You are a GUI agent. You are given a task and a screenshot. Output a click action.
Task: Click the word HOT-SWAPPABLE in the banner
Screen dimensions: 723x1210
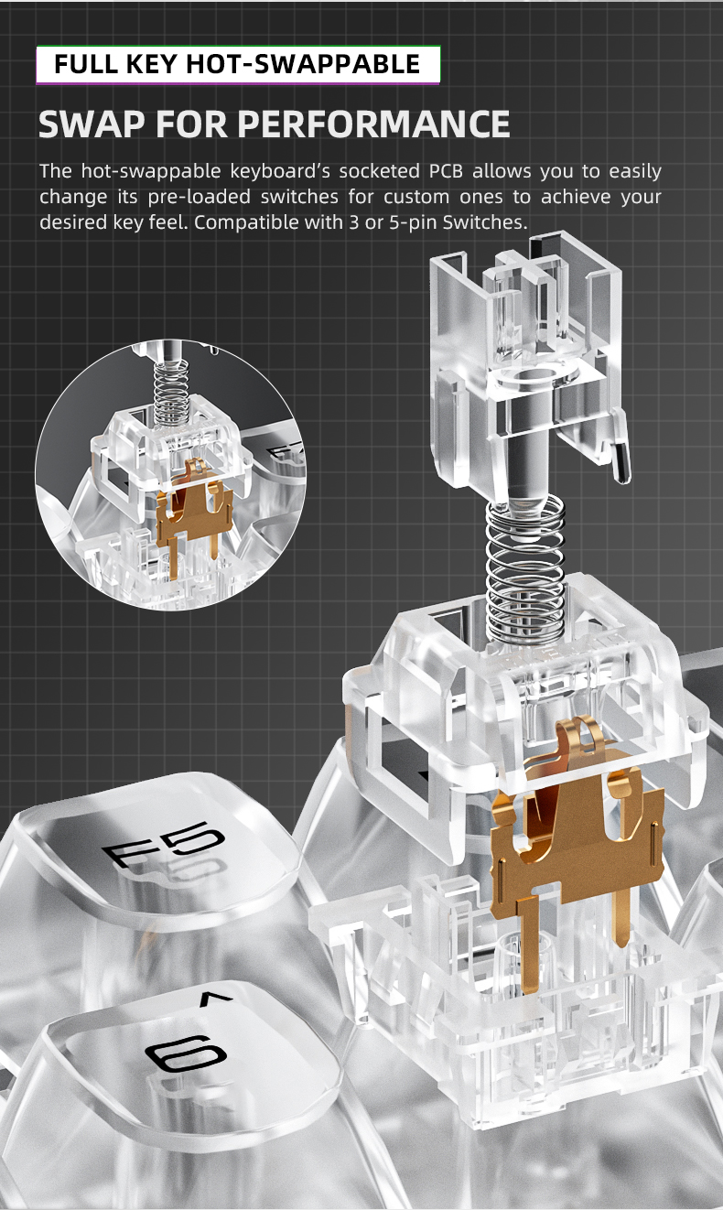coord(303,64)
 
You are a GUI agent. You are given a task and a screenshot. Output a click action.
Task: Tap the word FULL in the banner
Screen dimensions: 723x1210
coord(86,64)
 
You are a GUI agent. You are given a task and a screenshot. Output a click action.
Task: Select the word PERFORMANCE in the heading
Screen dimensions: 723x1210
coord(373,124)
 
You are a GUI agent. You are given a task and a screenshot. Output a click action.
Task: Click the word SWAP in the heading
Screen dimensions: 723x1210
coord(92,124)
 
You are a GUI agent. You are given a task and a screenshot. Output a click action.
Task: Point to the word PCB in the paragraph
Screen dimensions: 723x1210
coord(446,171)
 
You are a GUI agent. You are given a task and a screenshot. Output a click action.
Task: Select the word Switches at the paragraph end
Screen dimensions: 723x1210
coord(484,222)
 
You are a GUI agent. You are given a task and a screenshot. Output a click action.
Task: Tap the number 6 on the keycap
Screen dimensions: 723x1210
coord(185,1053)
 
